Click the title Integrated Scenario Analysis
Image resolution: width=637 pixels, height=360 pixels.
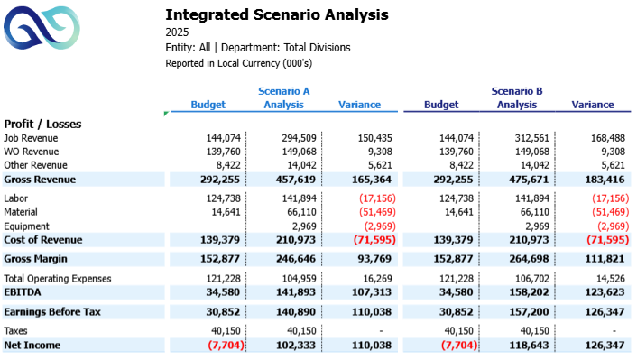coord(277,14)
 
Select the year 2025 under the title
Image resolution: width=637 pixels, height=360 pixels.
coord(178,32)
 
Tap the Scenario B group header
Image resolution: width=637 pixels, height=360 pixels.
coord(516,91)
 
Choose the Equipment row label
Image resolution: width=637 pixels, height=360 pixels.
coord(26,226)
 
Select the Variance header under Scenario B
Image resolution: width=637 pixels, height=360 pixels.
coord(593,105)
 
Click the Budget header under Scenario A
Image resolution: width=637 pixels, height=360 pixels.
coord(208,105)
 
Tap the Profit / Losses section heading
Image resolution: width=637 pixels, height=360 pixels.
coord(43,123)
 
